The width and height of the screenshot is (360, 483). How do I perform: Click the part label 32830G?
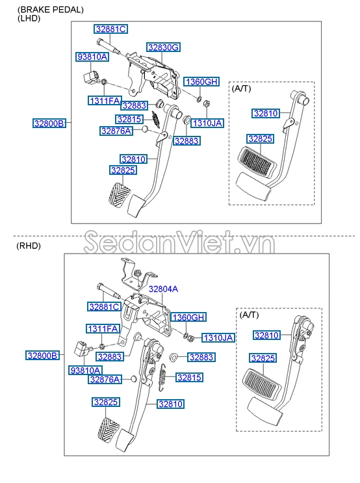tap(163, 47)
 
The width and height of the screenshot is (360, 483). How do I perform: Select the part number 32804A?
tap(163, 289)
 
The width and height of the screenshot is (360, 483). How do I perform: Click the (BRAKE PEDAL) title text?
tap(51, 10)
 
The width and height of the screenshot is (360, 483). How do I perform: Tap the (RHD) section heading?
tap(29, 246)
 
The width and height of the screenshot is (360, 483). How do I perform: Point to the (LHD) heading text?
tap(29, 18)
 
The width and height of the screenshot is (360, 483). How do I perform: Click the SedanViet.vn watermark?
tap(179, 242)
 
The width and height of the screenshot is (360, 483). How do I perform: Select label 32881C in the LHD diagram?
tap(111, 29)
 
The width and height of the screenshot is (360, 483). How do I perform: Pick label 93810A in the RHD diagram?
tap(85, 371)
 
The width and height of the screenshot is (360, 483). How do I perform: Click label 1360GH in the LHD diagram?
tap(201, 82)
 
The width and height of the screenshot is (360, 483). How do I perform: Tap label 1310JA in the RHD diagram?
tap(218, 337)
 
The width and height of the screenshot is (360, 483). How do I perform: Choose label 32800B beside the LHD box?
tap(49, 124)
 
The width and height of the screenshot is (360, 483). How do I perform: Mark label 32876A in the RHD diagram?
tap(105, 380)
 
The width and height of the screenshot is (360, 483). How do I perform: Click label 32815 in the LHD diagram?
tap(129, 119)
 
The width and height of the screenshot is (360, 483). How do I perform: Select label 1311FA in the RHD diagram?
tap(103, 329)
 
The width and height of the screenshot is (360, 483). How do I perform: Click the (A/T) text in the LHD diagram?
tap(242, 88)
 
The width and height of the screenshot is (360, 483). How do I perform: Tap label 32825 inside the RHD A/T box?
tap(263, 358)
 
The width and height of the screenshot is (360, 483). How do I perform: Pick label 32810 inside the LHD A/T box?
tap(266, 113)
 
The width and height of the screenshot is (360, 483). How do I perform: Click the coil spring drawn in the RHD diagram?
tap(162, 377)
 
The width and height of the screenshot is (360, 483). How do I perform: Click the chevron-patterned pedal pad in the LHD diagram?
tap(120, 194)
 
